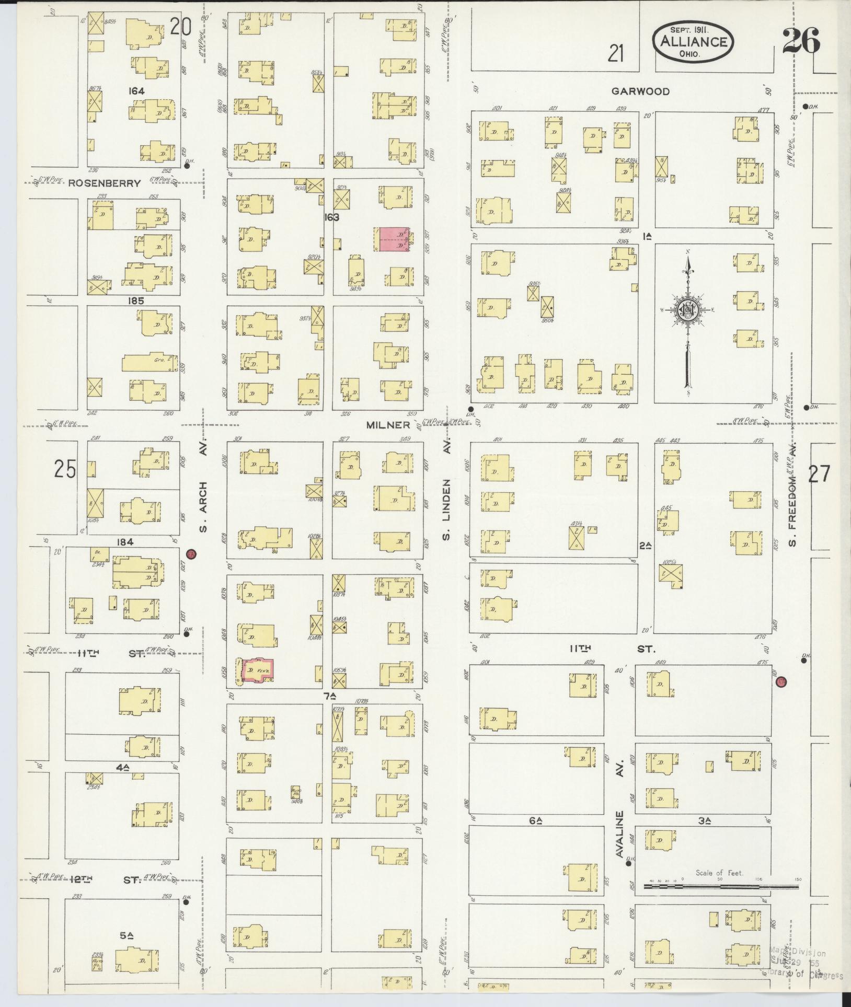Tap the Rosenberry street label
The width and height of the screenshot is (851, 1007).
click(105, 183)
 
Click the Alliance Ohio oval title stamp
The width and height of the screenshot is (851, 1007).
click(693, 42)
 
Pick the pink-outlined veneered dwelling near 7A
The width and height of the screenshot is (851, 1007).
click(257, 670)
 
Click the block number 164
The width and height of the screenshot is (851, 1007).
click(136, 91)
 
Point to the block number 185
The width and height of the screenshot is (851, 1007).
click(135, 300)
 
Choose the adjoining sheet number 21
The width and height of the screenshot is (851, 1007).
click(616, 53)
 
